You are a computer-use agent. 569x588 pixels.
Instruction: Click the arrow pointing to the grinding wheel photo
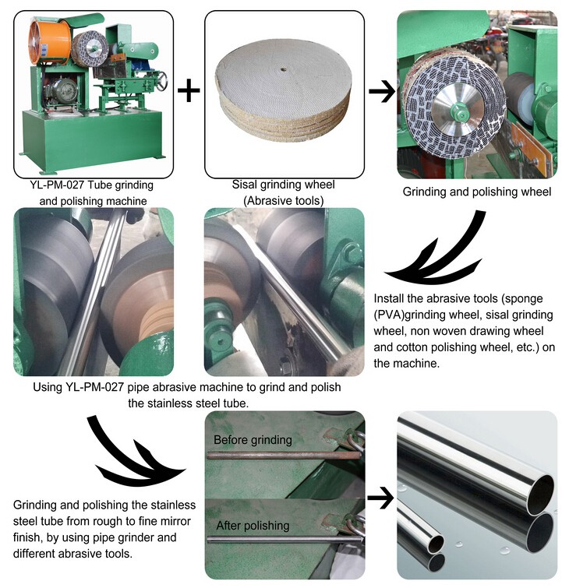click(x=380, y=91)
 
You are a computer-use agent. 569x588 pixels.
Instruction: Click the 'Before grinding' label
click(x=253, y=440)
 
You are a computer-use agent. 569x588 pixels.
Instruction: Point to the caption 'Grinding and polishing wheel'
click(x=476, y=192)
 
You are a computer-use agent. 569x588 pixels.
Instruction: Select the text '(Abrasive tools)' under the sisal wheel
click(x=284, y=200)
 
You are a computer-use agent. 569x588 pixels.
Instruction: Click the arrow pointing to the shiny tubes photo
click(x=380, y=495)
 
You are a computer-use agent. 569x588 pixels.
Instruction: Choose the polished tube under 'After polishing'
click(x=281, y=539)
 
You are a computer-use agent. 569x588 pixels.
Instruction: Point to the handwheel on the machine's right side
click(x=161, y=80)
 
